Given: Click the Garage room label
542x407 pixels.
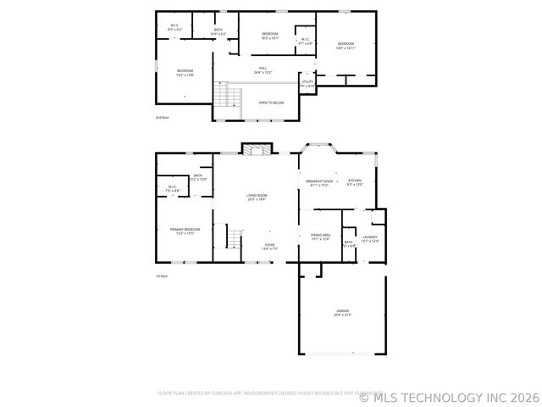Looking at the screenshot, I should [x=342, y=312].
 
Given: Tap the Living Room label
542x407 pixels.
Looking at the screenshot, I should [x=257, y=198].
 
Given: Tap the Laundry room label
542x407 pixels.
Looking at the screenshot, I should [x=370, y=239].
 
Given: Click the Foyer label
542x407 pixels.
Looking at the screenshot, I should [x=268, y=247].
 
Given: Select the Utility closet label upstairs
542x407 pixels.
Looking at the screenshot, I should [x=307, y=83].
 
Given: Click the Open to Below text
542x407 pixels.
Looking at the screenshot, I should [x=271, y=103].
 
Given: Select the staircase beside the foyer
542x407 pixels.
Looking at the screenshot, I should [x=235, y=240].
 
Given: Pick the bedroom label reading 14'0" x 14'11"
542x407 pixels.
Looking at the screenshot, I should [x=346, y=46].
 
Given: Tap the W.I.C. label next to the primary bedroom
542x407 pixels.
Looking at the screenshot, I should [x=171, y=189].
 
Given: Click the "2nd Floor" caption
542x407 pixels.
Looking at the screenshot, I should [x=162, y=117].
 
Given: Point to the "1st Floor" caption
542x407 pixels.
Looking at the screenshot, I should [x=162, y=276].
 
